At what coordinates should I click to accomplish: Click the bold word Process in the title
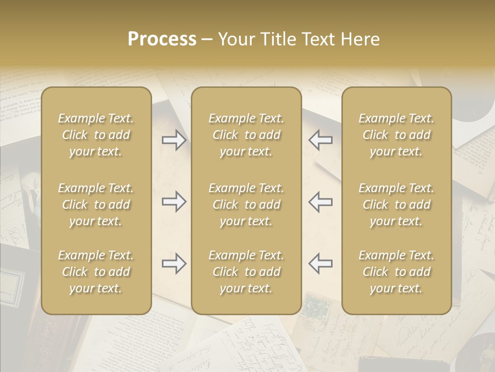tap(162, 39)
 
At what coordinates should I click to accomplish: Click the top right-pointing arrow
tap(174, 140)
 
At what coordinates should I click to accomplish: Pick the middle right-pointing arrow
tap(174, 202)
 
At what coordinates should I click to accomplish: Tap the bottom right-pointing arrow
tap(174, 263)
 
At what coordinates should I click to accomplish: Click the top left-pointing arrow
tap(321, 140)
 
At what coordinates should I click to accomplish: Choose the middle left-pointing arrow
tap(321, 202)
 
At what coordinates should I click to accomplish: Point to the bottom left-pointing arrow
tap(321, 263)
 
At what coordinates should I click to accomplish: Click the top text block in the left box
tap(96, 135)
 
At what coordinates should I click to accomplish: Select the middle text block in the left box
tap(96, 205)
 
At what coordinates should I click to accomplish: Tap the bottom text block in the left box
tap(96, 272)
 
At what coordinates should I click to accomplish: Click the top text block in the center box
tap(246, 135)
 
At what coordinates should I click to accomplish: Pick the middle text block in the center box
tap(246, 205)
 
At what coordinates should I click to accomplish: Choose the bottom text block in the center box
tap(246, 272)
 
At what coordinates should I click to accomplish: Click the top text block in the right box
tap(397, 135)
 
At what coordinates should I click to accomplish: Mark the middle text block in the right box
tap(397, 205)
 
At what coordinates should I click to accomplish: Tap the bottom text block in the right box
tap(397, 272)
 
